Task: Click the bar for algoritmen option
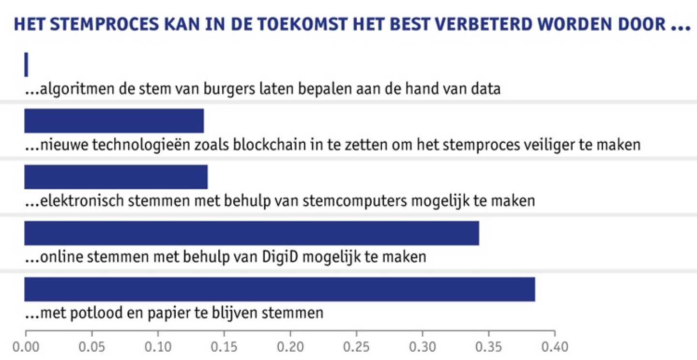pyautogui.click(x=26, y=64)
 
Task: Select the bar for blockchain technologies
pyautogui.click(x=114, y=121)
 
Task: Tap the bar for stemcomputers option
pyautogui.click(x=116, y=177)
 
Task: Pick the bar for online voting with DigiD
pyautogui.click(x=252, y=233)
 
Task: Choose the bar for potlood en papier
pyautogui.click(x=280, y=289)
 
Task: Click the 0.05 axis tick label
pyautogui.click(x=92, y=347)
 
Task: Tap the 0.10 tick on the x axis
pyautogui.click(x=158, y=347)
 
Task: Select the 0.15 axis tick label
pyautogui.click(x=224, y=347)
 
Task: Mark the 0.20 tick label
pyautogui.click(x=290, y=347)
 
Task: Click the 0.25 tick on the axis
pyautogui.click(x=356, y=347)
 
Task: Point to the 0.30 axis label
pyautogui.click(x=423, y=347)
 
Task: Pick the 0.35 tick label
pyautogui.click(x=488, y=347)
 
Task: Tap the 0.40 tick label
pyautogui.click(x=555, y=347)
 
